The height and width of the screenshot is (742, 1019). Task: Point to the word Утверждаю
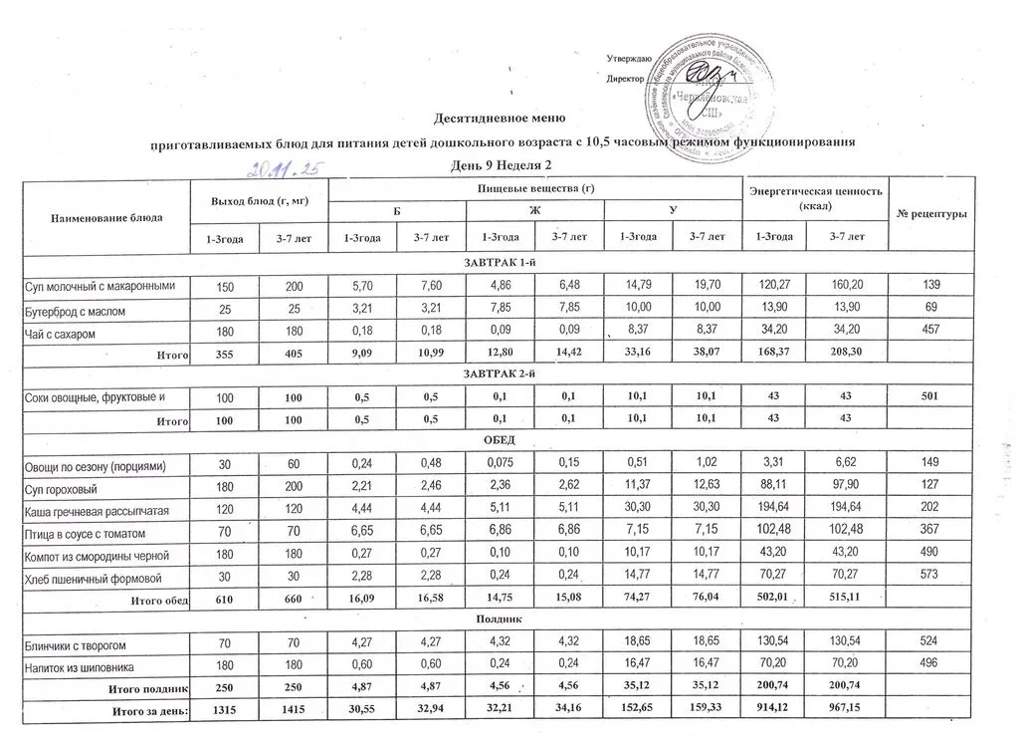click(x=629, y=61)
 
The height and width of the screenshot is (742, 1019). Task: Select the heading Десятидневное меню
click(x=500, y=119)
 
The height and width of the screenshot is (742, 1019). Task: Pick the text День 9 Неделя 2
click(x=501, y=164)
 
